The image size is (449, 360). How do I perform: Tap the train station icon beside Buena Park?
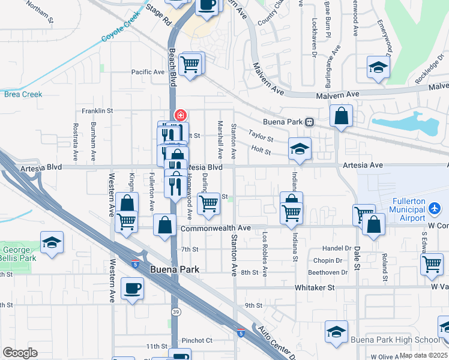click(x=310, y=121)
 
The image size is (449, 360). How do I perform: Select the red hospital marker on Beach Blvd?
click(x=179, y=114)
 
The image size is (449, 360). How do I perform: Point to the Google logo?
click(x=20, y=352)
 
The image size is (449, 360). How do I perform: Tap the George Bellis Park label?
click(x=18, y=254)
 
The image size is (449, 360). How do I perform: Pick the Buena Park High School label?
click(x=393, y=340)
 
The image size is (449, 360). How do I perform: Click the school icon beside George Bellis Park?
click(x=52, y=242)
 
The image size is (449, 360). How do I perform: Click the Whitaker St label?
click(x=314, y=288)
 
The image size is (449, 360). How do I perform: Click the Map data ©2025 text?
click(x=424, y=355)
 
